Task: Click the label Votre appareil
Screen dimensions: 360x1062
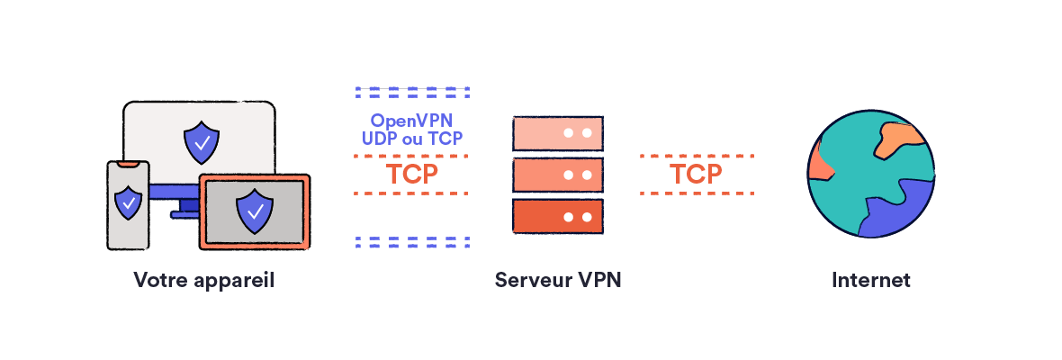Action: tap(203, 280)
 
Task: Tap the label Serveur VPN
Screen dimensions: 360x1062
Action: tap(558, 280)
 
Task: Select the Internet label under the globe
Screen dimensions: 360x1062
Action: tap(870, 280)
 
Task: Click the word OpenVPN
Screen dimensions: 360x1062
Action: tap(411, 121)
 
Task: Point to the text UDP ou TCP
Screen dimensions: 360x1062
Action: tap(411, 138)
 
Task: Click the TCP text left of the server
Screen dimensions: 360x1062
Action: tap(411, 174)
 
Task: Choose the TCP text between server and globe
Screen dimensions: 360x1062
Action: tap(696, 174)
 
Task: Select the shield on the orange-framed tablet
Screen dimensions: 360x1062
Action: tap(255, 211)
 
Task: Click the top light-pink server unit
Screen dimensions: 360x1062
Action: tap(557, 133)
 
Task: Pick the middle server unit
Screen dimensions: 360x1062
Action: tap(557, 175)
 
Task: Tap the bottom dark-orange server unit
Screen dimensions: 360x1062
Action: tap(557, 217)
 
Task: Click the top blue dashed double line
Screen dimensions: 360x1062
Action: tap(412, 92)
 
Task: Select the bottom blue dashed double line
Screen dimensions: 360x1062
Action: tap(412, 241)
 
